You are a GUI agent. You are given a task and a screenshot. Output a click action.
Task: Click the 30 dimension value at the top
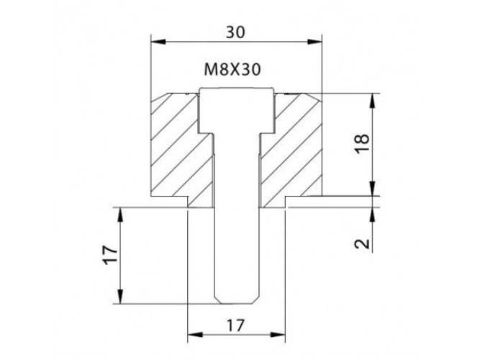point(235,32)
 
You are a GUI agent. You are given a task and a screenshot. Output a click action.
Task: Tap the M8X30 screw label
point(232,70)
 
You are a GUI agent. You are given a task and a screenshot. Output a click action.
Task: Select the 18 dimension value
point(362,143)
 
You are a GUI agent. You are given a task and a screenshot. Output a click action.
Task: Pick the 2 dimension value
point(362,244)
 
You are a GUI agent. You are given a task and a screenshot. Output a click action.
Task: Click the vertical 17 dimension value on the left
point(110,255)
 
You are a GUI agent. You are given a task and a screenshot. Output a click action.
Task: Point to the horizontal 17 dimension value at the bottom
point(236,325)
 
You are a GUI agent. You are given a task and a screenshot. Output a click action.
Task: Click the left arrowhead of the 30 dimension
point(158,42)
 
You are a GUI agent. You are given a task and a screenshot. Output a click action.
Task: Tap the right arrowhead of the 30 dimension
point(314,42)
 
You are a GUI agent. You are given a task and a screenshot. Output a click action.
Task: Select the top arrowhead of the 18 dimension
point(372,101)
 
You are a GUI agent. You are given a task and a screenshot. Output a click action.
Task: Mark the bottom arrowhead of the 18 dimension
point(372,189)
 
